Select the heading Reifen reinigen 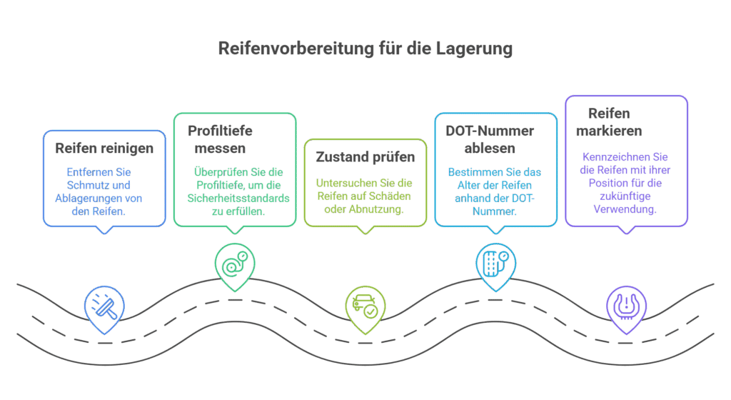104,150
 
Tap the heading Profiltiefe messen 218,140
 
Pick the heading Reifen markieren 614,122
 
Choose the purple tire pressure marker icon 626,303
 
